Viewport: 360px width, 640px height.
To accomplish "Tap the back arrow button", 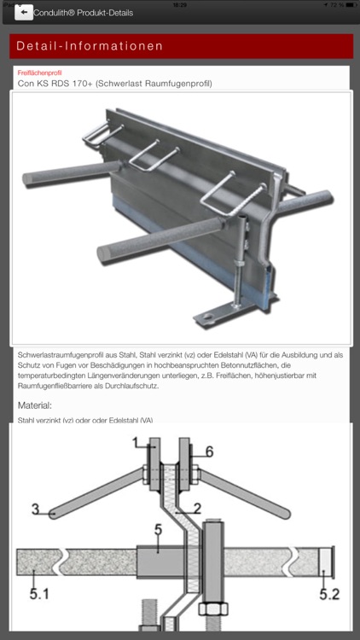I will (x=24, y=12).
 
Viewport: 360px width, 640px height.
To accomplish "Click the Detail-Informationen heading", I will (x=89, y=46).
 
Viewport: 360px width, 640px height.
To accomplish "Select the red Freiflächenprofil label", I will (x=39, y=73).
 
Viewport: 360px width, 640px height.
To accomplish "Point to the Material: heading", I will (x=35, y=405).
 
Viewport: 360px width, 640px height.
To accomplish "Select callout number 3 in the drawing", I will (x=35, y=509).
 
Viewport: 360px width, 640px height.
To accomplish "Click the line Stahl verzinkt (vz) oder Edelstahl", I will (x=85, y=420).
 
